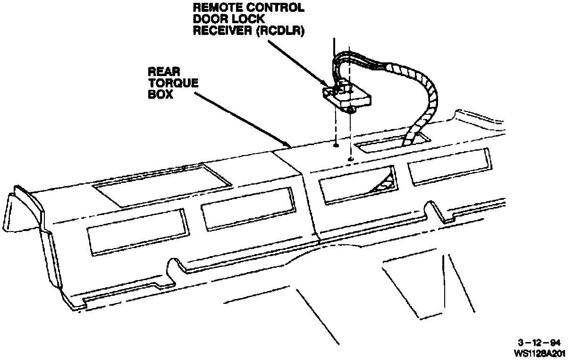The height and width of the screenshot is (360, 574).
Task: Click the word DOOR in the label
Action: point(208,20)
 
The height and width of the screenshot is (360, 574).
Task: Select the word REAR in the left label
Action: point(161,72)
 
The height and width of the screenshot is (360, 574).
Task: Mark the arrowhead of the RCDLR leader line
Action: point(331,87)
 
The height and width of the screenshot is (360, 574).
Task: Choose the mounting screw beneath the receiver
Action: point(350,110)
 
